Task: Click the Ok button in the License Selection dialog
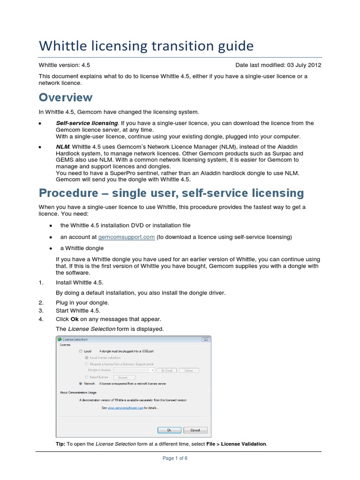(x=169, y=430)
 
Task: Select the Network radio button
(x=81, y=383)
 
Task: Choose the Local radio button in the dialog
(x=81, y=351)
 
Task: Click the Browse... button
(x=124, y=377)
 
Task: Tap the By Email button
(x=167, y=370)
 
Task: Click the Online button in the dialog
(x=188, y=370)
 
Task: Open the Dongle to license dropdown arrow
(x=152, y=370)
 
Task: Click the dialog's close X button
(x=205, y=339)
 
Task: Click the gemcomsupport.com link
(x=126, y=237)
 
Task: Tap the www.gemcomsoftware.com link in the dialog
(x=125, y=408)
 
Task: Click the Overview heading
(x=66, y=97)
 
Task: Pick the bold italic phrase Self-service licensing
(x=87, y=123)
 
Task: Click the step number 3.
(x=41, y=310)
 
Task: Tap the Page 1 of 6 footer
(x=175, y=458)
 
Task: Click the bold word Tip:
(x=61, y=444)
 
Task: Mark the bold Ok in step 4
(x=74, y=319)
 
